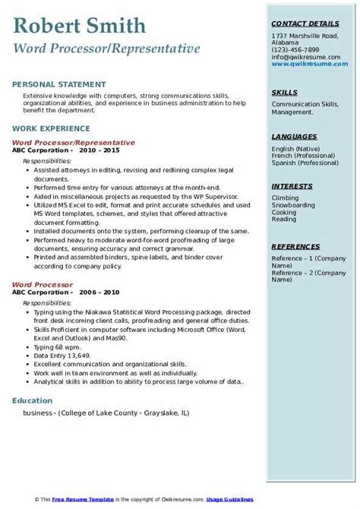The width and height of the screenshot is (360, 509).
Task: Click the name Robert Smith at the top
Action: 80,27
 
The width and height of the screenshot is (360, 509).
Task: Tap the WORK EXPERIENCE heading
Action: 46,129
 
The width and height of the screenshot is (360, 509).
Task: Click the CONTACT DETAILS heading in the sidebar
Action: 303,23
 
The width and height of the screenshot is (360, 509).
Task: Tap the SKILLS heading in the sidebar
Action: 285,93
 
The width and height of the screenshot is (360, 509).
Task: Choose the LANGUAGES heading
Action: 295,136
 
